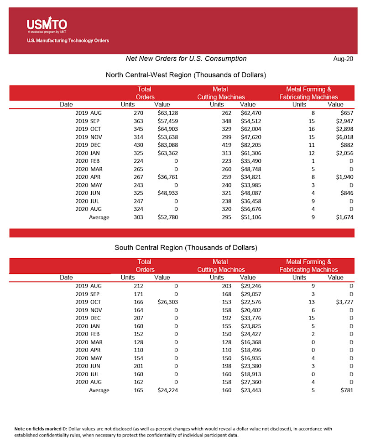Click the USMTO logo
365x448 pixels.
(x=47, y=25)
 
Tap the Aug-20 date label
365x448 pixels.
(x=343, y=59)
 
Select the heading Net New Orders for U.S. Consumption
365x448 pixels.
(x=186, y=59)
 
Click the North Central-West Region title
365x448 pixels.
(x=186, y=75)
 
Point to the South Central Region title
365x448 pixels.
(x=186, y=247)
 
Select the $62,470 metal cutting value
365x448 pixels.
(x=250, y=113)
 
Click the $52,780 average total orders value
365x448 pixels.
(x=167, y=217)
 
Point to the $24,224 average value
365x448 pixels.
(x=167, y=390)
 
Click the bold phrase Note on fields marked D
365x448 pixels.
(x=41, y=429)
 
